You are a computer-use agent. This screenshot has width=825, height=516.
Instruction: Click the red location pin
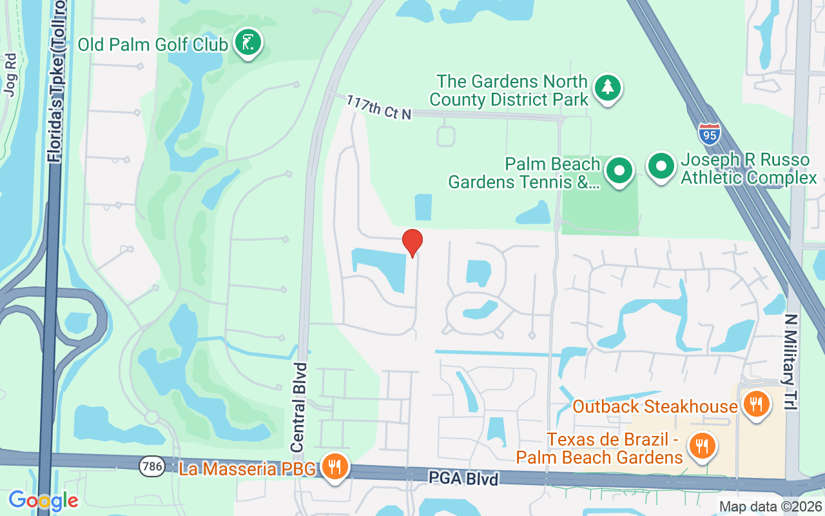(412, 243)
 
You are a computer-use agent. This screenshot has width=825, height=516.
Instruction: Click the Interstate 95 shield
(708, 134)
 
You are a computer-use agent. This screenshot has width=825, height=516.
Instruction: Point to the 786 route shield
(151, 465)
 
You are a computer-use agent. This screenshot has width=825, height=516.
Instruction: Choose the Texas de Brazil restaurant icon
(699, 446)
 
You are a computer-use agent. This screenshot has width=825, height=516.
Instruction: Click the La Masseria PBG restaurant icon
(334, 466)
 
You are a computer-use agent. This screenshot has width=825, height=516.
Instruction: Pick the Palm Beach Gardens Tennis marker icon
(620, 171)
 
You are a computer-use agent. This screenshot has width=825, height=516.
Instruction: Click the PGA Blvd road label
(464, 479)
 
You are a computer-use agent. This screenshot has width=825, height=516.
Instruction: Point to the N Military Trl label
(791, 362)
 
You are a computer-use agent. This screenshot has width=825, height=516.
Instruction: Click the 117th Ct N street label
(378, 107)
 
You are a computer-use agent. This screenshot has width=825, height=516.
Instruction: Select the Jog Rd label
(10, 75)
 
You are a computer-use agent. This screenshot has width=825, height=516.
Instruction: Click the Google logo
(43, 500)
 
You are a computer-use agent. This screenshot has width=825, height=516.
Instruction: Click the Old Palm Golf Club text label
(153, 45)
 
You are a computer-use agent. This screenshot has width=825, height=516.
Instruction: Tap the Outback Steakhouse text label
(655, 406)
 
